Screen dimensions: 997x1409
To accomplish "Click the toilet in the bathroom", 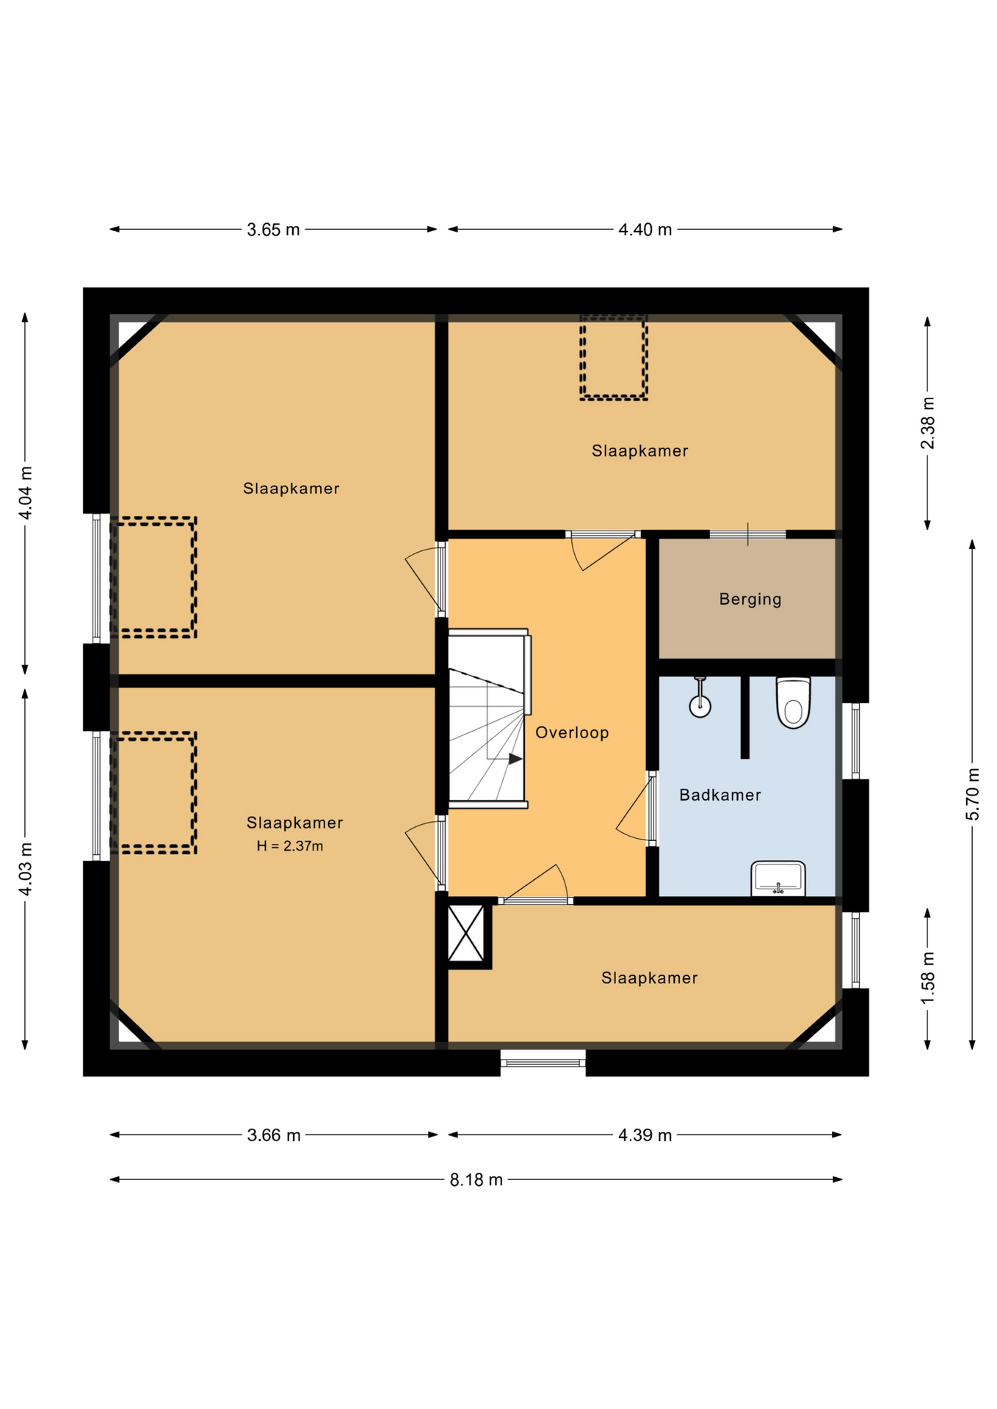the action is (793, 702).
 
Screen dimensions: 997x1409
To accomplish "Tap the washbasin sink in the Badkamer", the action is (777, 878).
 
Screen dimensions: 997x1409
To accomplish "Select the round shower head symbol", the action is (700, 706).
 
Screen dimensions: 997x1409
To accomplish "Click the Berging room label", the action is (750, 599).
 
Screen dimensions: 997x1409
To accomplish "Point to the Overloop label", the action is (572, 732).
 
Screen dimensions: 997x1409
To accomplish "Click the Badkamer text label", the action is (719, 795).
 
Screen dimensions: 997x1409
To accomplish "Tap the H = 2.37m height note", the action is (289, 846).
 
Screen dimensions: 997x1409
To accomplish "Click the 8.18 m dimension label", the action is (476, 1179).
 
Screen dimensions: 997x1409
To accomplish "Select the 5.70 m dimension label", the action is (972, 794).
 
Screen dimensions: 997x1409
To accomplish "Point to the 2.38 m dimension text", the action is (928, 423).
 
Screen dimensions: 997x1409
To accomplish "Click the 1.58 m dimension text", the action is (928, 978).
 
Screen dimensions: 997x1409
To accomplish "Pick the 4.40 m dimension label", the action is (645, 230).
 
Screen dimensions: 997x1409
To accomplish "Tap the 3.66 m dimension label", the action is (274, 1135).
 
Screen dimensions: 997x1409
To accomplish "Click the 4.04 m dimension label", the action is (25, 492).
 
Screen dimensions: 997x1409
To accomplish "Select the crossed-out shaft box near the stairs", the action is (466, 933).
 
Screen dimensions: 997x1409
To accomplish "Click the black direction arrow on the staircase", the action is (515, 759).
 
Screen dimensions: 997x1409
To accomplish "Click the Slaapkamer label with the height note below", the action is (294, 823).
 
